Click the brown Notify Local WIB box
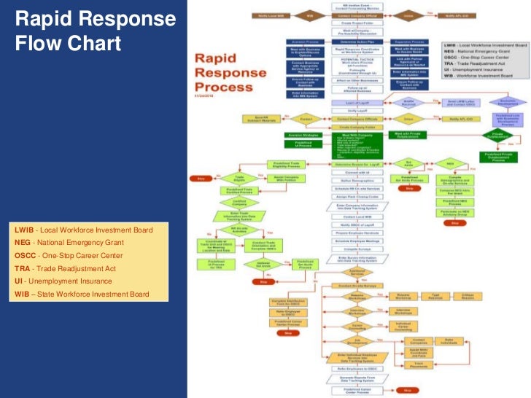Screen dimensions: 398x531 (269, 15)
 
